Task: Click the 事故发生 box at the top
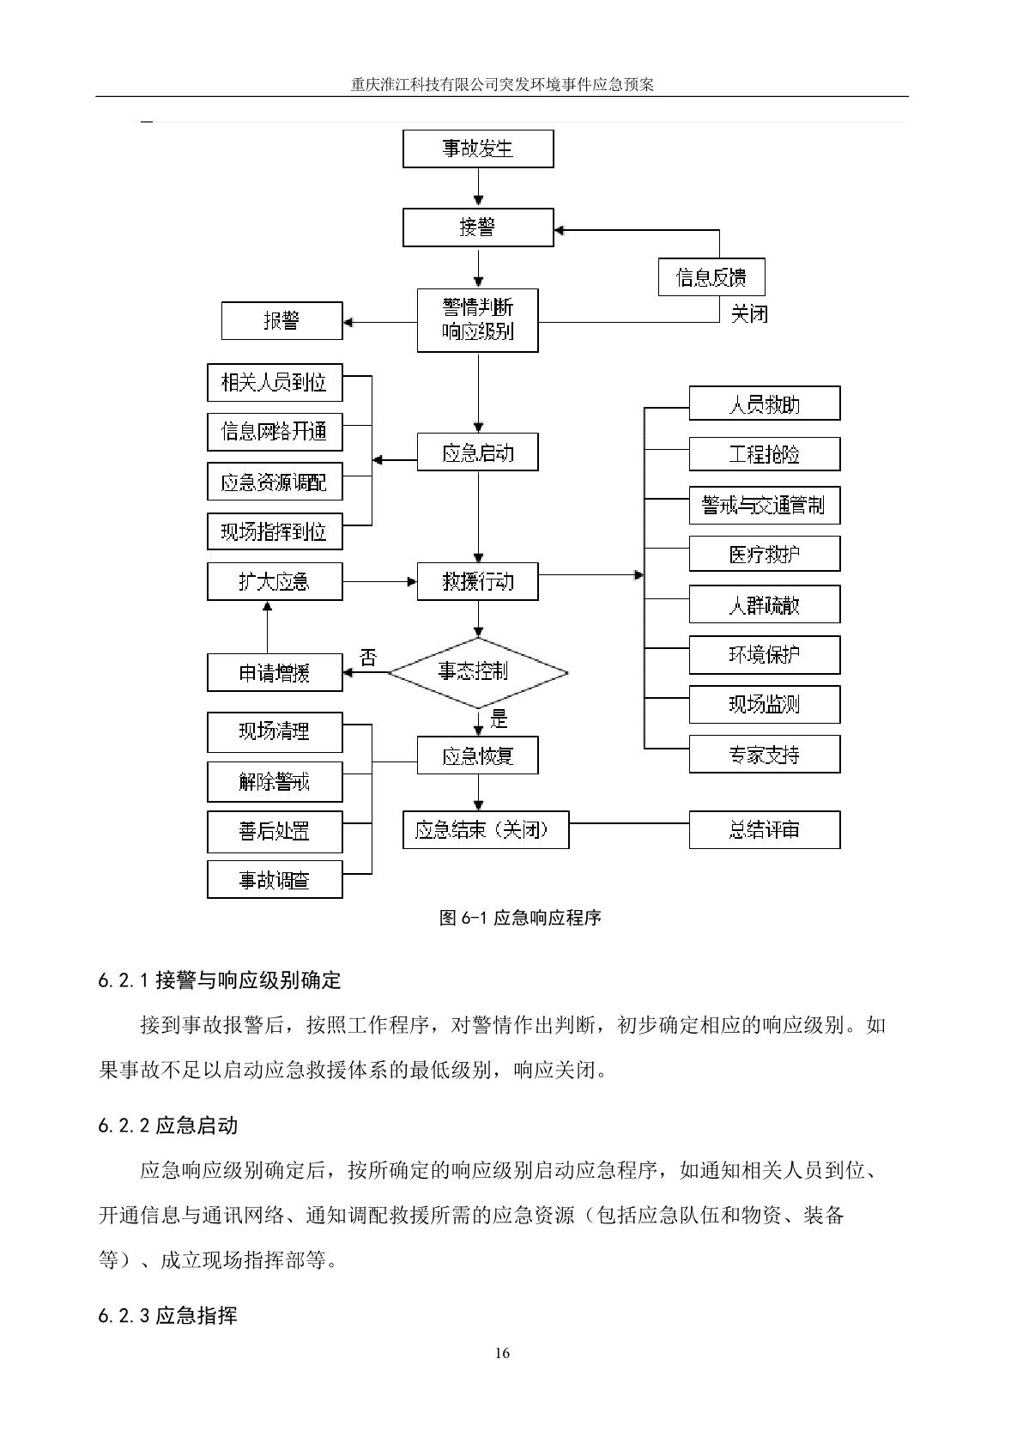(x=478, y=149)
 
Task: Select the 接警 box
(x=478, y=227)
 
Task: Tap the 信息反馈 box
(x=711, y=277)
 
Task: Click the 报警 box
(x=281, y=321)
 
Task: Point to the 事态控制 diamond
(x=478, y=672)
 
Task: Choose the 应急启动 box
(x=478, y=452)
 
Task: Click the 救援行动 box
(x=478, y=582)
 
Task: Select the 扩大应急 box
(x=275, y=582)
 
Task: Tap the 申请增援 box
(x=275, y=672)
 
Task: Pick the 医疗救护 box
(x=764, y=555)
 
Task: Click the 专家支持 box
(x=764, y=755)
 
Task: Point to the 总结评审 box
(x=764, y=830)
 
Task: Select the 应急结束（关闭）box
(x=486, y=830)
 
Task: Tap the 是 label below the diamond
(x=498, y=719)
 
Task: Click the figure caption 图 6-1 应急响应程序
(x=520, y=918)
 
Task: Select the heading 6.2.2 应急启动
(x=168, y=1125)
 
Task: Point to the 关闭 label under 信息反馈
(x=748, y=314)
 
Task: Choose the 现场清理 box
(x=275, y=731)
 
